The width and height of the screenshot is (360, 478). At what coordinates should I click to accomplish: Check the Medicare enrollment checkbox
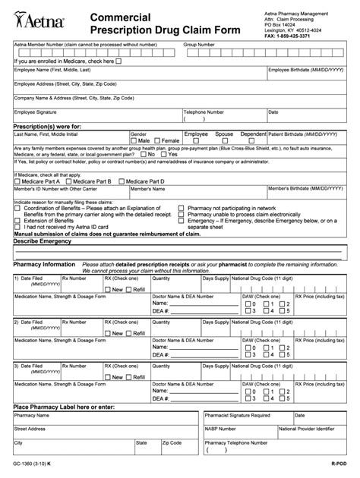click(x=119, y=61)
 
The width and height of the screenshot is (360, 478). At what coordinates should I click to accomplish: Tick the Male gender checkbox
click(x=134, y=140)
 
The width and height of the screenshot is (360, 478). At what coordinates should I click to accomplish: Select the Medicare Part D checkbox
click(x=122, y=182)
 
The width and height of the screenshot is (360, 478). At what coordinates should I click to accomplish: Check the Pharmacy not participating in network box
click(x=181, y=207)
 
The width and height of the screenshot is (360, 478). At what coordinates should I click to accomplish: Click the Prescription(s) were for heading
click(x=47, y=126)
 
